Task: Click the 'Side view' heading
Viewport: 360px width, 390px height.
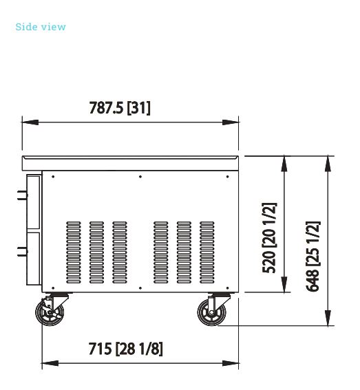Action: tap(41, 27)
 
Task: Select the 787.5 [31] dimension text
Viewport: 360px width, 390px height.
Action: tap(120, 108)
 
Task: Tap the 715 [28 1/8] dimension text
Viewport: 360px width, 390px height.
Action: tap(125, 349)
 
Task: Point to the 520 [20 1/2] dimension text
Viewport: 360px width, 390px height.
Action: tap(269, 238)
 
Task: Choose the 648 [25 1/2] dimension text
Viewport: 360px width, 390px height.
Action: tap(313, 256)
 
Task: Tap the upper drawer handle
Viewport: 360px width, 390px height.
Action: tap(23, 195)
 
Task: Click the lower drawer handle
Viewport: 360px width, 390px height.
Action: tap(23, 252)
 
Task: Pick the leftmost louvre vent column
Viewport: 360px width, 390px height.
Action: tap(74, 252)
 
